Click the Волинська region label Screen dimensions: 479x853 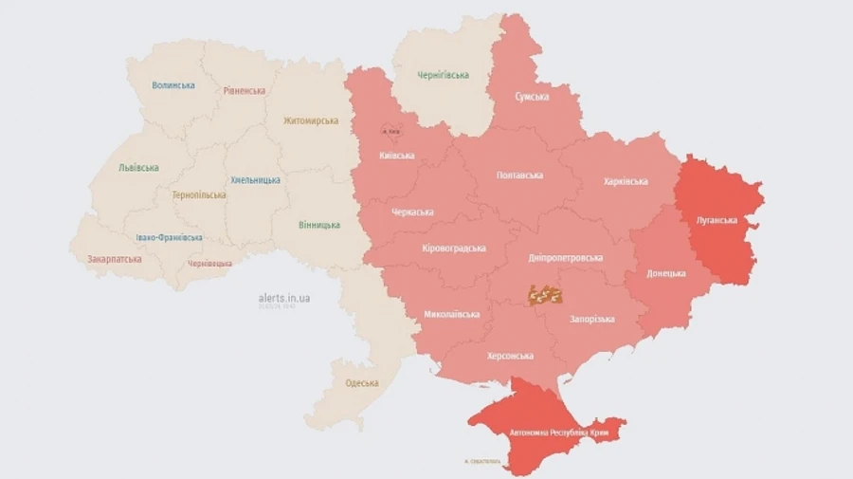173,85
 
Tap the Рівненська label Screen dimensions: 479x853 245,91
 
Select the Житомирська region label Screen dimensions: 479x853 310,121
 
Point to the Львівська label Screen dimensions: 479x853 138,168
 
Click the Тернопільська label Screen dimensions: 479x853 199,195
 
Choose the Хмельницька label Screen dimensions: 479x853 255,180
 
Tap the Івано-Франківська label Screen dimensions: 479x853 169,237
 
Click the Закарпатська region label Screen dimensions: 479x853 115,258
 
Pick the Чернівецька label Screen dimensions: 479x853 209,263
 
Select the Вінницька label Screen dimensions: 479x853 319,225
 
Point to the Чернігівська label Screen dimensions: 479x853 443,76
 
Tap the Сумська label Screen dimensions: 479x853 532,97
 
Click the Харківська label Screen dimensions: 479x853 626,181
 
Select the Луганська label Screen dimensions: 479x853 717,220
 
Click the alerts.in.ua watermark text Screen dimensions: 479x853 284,298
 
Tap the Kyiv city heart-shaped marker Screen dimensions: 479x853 390,131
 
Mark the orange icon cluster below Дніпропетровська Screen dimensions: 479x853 545,295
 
